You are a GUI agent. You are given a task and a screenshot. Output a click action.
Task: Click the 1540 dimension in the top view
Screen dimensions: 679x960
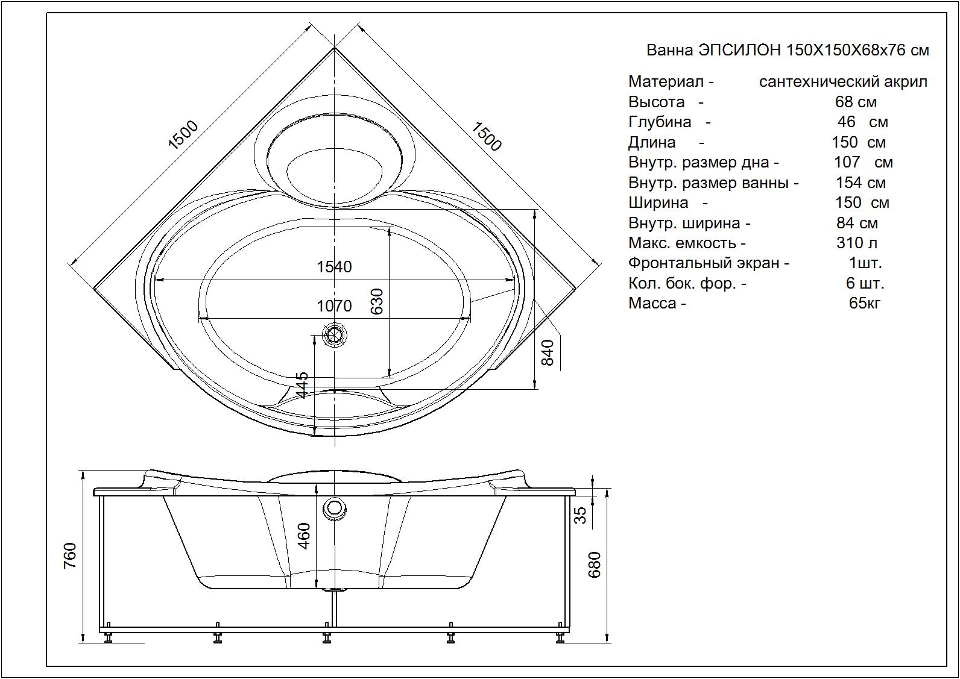click(x=334, y=267)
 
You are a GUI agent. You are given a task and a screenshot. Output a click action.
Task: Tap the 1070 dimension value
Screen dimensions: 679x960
click(x=334, y=306)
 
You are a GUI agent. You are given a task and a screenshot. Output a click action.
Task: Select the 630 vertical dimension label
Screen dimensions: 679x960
click(x=376, y=301)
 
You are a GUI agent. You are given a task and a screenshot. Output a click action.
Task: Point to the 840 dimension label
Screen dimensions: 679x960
click(x=548, y=353)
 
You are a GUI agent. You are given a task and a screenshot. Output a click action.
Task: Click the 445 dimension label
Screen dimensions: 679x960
click(x=302, y=385)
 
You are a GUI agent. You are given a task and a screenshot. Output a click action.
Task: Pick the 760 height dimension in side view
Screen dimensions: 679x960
click(x=70, y=555)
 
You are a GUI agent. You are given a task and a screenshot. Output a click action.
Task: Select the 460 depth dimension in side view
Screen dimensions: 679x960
click(x=304, y=536)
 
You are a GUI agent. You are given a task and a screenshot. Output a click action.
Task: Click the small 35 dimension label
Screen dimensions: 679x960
click(x=579, y=515)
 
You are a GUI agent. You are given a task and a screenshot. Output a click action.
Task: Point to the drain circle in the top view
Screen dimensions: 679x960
click(x=334, y=335)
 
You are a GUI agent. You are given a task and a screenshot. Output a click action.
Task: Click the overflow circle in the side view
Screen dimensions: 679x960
click(x=334, y=508)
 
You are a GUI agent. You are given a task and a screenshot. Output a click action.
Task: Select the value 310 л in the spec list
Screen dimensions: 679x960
click(x=857, y=243)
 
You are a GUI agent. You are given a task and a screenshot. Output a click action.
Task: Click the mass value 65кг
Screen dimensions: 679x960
click(x=865, y=303)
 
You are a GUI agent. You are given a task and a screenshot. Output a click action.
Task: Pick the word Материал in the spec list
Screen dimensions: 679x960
click(x=666, y=81)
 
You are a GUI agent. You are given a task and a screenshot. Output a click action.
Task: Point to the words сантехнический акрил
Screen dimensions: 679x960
click(x=843, y=81)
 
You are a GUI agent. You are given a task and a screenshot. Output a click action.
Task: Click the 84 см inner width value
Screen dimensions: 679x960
click(x=857, y=223)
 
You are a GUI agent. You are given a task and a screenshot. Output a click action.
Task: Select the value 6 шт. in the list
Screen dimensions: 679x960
click(x=865, y=283)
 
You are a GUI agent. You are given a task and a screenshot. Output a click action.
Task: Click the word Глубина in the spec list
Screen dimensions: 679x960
click(x=660, y=122)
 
